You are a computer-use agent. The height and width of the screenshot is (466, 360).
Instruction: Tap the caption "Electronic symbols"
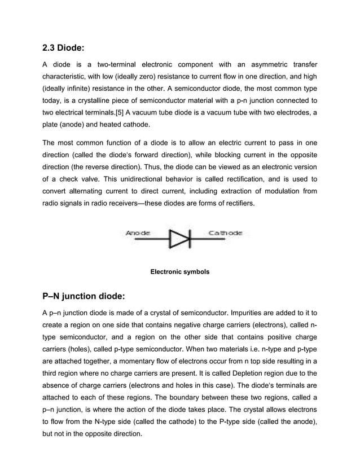[179, 272]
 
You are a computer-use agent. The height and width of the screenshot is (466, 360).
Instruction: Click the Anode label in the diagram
[138, 232]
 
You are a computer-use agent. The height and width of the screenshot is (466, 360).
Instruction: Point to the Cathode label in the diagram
[226, 232]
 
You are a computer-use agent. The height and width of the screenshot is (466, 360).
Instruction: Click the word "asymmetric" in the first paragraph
[263, 61]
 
